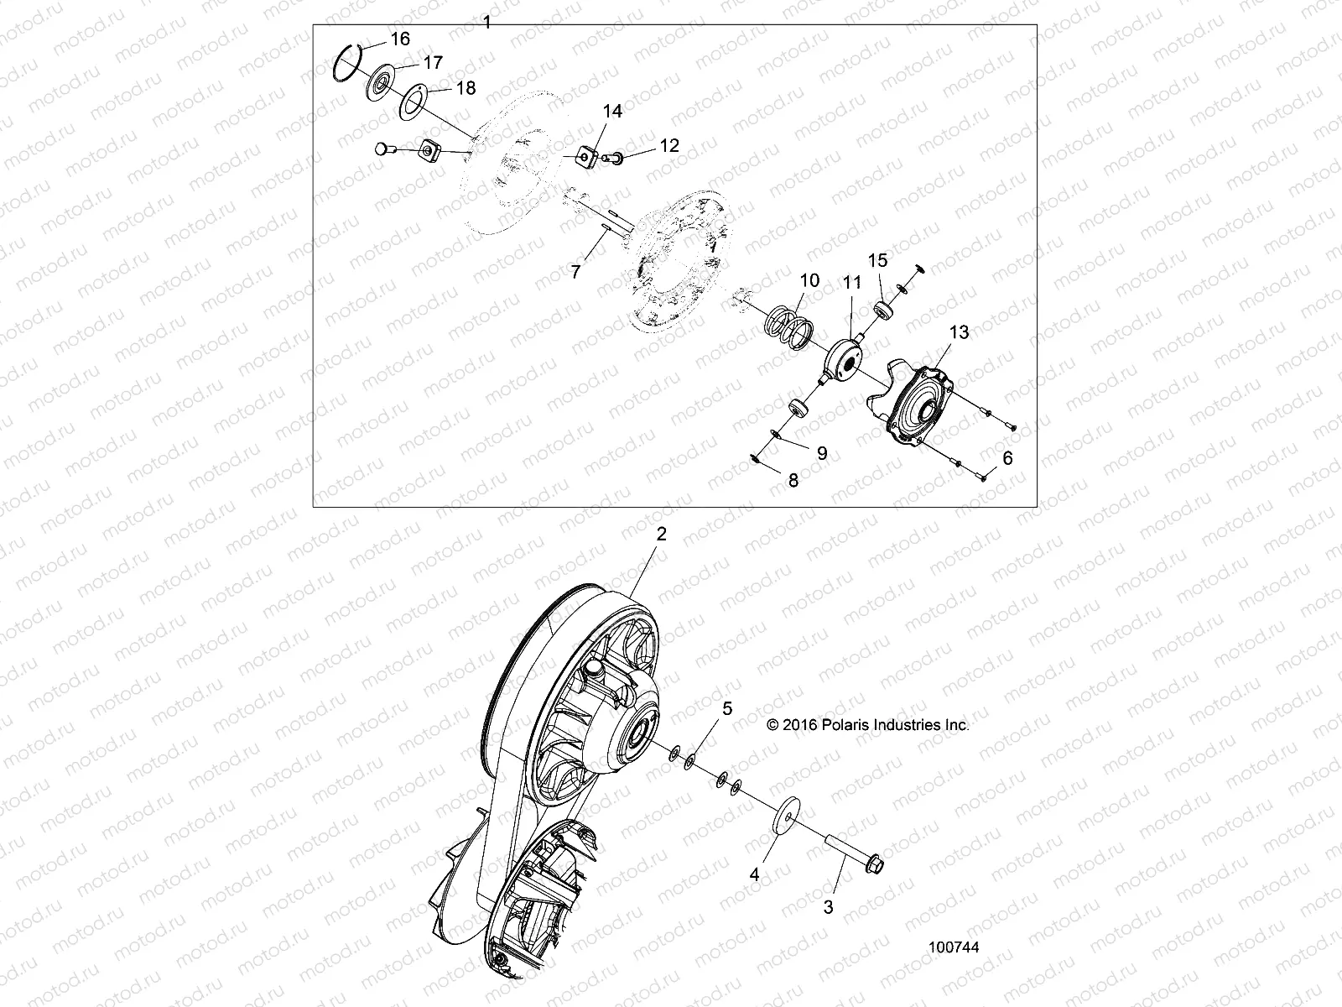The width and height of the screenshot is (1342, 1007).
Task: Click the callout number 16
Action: pyautogui.click(x=400, y=39)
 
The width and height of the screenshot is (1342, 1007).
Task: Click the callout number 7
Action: pyautogui.click(x=576, y=272)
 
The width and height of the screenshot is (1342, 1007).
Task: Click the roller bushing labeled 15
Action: pyautogui.click(x=884, y=310)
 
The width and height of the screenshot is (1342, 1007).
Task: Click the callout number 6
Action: pyautogui.click(x=1007, y=457)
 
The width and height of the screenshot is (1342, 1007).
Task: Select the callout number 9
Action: pyautogui.click(x=821, y=453)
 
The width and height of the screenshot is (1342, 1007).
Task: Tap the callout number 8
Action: pyautogui.click(x=793, y=479)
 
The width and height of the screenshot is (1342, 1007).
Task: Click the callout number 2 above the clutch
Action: pyautogui.click(x=661, y=534)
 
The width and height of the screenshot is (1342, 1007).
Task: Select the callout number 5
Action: pyautogui.click(x=727, y=709)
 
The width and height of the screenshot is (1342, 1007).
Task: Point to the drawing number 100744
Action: pyautogui.click(x=954, y=947)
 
